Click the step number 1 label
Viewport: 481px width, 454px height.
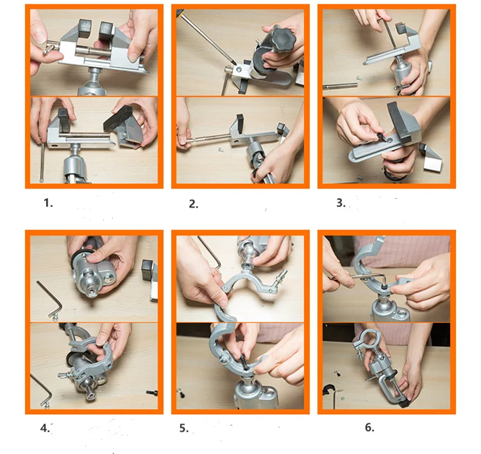(x=48, y=203)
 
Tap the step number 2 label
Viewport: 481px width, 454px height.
(x=193, y=204)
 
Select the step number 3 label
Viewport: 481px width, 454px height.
(x=341, y=203)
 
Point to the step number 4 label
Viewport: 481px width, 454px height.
(x=45, y=428)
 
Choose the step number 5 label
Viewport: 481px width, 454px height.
(x=184, y=428)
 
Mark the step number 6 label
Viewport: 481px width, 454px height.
(x=369, y=427)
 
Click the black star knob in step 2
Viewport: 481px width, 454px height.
(x=282, y=38)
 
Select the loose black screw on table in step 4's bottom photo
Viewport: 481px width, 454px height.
(x=152, y=392)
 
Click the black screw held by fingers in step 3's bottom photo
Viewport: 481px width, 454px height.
(x=382, y=135)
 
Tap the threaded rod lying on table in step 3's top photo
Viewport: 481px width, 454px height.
(x=340, y=85)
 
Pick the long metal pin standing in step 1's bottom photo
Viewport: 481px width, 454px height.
(x=42, y=160)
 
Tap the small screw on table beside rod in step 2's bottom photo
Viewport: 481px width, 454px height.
(x=221, y=149)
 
